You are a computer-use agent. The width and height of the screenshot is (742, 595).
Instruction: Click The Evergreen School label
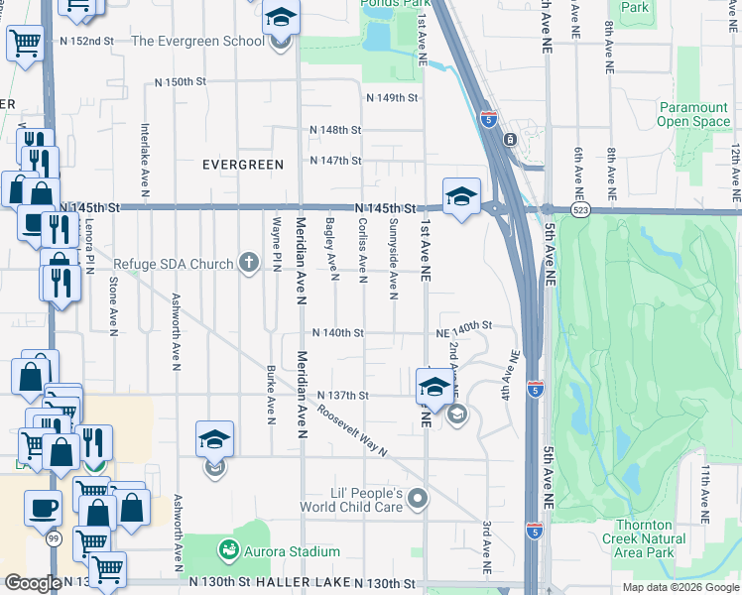point(197,42)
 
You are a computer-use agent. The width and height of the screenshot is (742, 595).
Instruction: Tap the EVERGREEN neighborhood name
point(243,164)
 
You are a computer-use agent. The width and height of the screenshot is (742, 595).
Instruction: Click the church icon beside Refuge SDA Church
point(248,264)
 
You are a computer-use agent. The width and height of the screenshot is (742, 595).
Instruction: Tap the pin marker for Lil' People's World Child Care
point(419,499)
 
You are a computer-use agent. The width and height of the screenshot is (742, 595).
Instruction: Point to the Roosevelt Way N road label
point(352,432)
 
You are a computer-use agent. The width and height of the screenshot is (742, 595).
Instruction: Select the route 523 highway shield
point(581,210)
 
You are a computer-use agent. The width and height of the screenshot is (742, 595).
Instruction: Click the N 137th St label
point(343,395)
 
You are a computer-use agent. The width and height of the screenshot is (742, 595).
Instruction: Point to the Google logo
point(33,583)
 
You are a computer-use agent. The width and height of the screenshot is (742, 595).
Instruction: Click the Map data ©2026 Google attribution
point(680,587)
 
